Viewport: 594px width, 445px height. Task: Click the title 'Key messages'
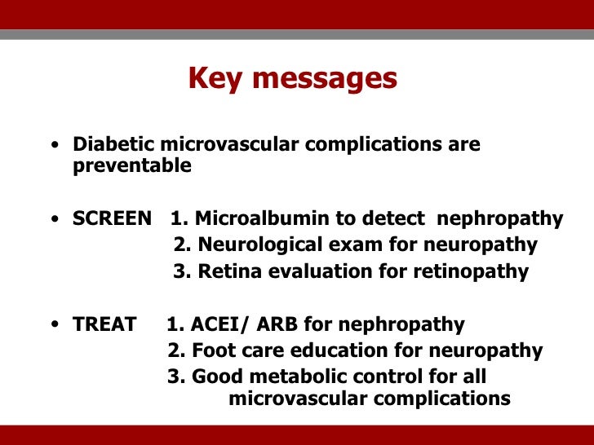click(x=292, y=78)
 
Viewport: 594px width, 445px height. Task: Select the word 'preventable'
click(x=132, y=166)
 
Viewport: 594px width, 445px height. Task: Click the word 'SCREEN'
click(x=112, y=218)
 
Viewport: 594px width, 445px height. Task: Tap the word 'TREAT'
click(x=104, y=324)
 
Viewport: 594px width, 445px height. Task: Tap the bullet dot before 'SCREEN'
click(x=53, y=220)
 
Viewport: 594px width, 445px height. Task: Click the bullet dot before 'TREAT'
click(x=53, y=326)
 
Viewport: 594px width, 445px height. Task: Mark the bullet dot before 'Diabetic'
click(x=53, y=147)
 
